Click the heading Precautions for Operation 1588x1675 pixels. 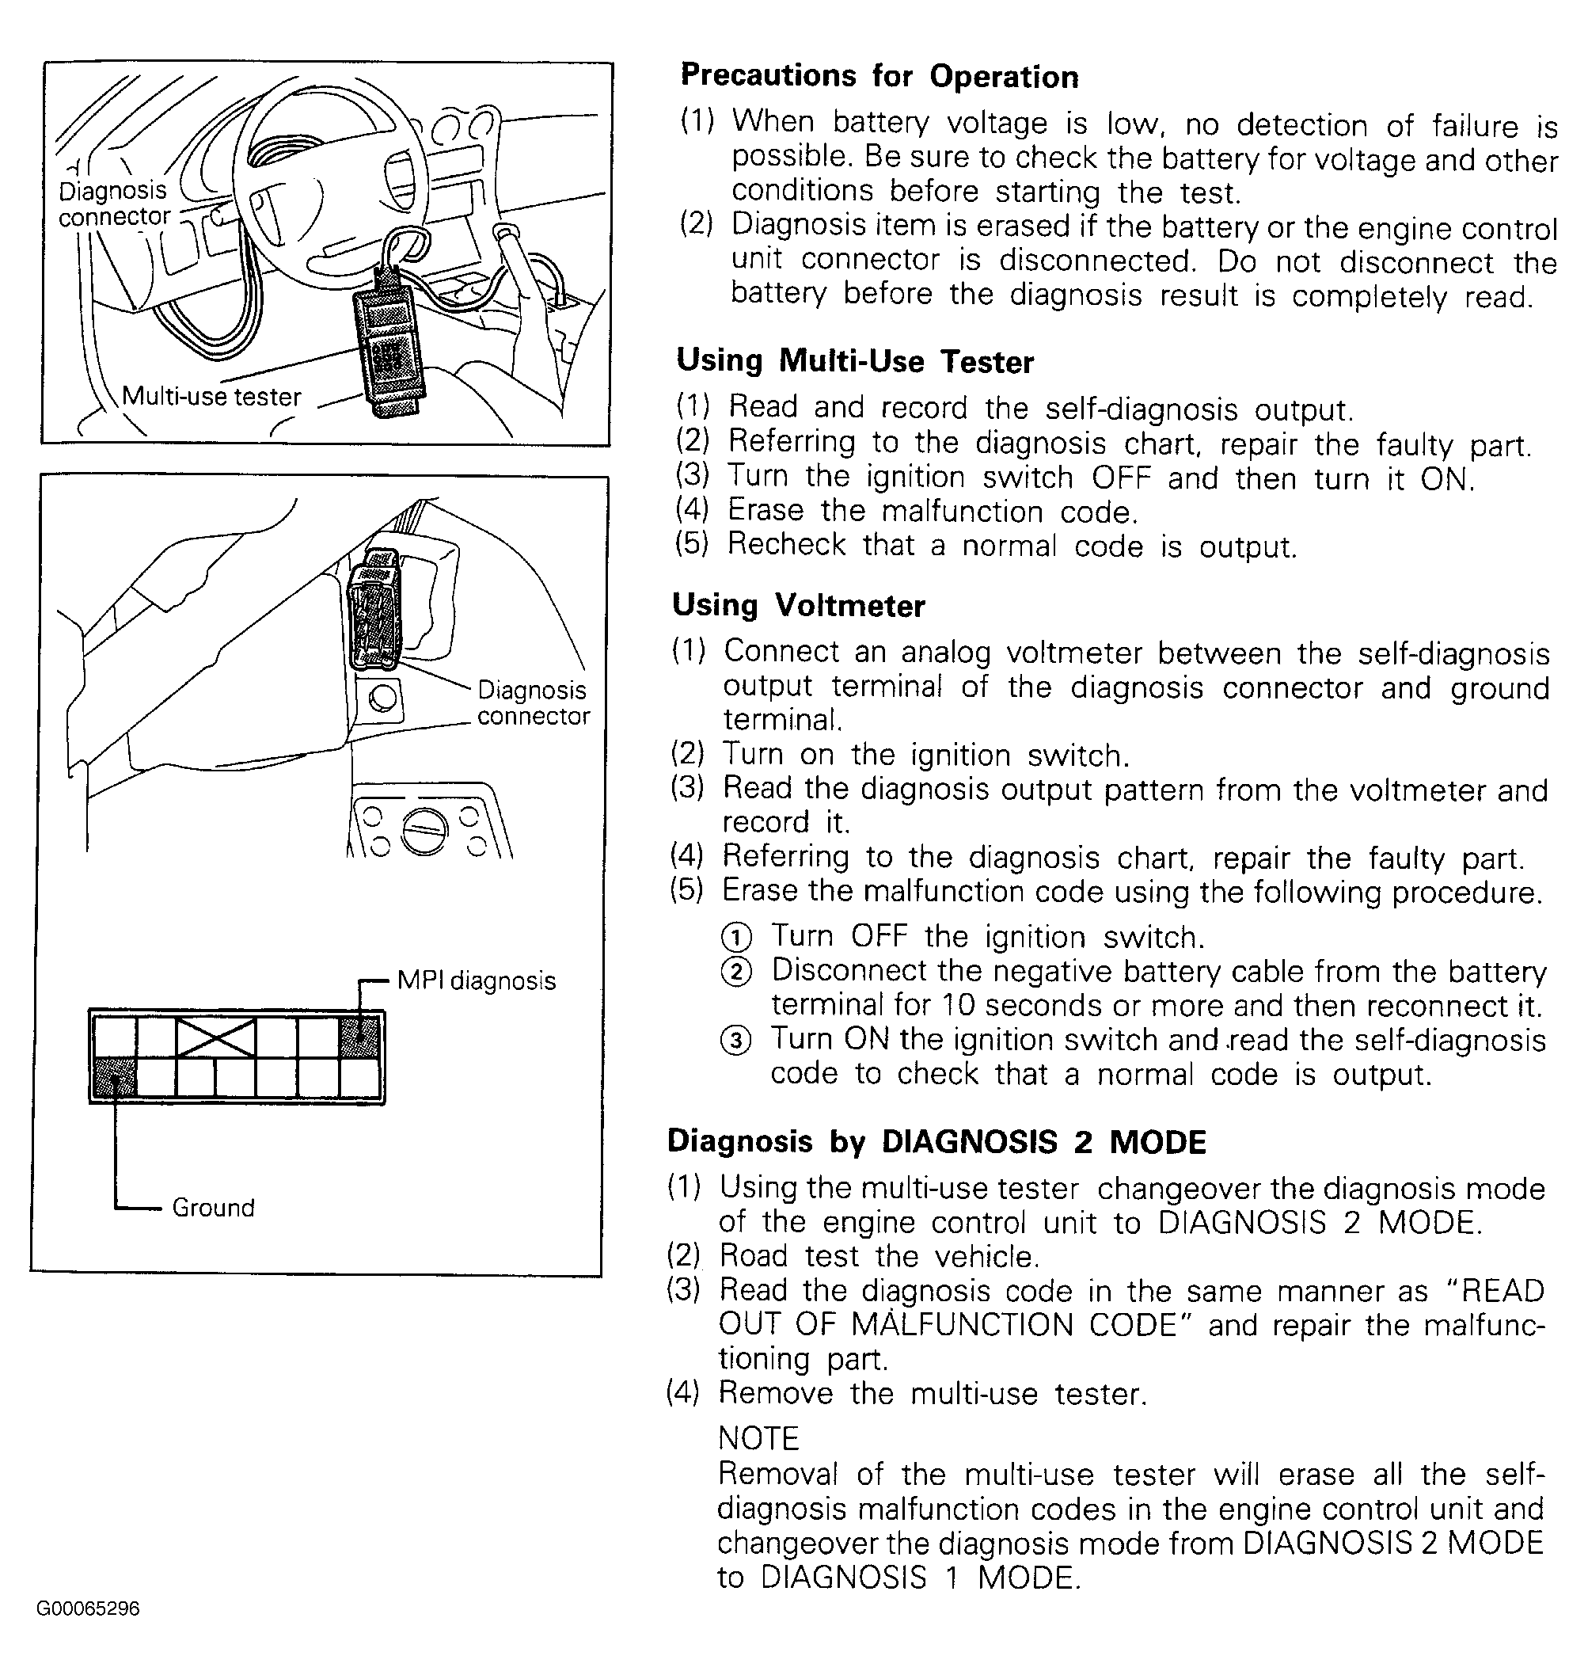point(879,76)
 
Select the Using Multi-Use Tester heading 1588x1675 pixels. point(855,362)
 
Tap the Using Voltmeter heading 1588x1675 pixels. point(798,606)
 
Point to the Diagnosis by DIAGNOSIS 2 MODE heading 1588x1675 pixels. point(936,1141)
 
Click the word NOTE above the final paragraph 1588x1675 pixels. point(758,1438)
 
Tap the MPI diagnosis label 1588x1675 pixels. point(477,980)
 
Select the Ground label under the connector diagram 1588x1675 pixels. point(212,1207)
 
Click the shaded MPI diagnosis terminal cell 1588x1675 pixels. point(359,1036)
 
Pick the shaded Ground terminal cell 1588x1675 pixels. point(114,1077)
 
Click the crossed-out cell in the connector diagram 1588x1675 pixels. point(216,1037)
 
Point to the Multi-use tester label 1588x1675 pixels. point(211,396)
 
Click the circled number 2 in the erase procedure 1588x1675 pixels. point(735,971)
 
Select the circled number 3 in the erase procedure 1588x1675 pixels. point(735,1040)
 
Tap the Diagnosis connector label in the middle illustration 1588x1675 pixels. point(533,702)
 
